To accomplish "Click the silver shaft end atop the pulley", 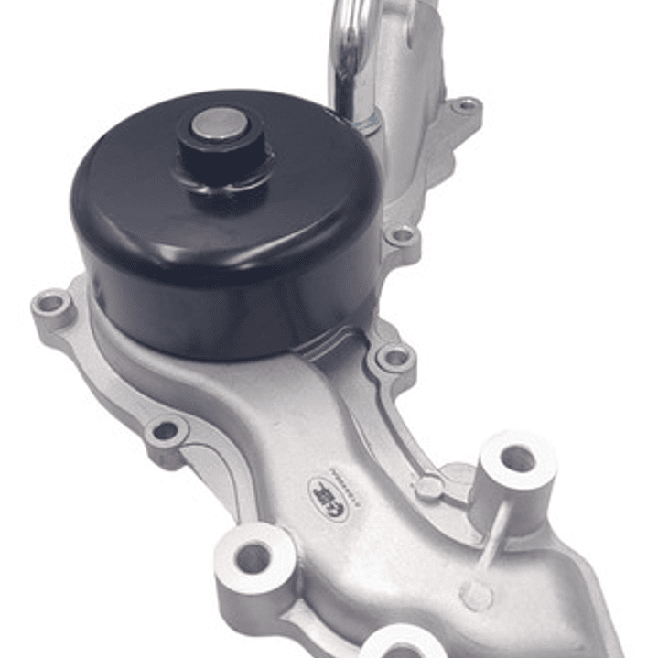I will pos(219,124).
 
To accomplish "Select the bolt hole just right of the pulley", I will pos(401,236).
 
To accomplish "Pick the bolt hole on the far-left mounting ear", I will pos(52,303).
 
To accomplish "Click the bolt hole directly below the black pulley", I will pos(394,358).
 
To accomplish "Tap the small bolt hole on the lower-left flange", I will pos(166,429).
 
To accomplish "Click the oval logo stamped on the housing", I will pos(329,495).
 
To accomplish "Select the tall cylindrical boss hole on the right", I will pos(517,458).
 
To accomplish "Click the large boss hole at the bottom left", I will pos(253,556).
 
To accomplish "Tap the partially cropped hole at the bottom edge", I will pos(404,649).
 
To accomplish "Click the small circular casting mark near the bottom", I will pos(477,596).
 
